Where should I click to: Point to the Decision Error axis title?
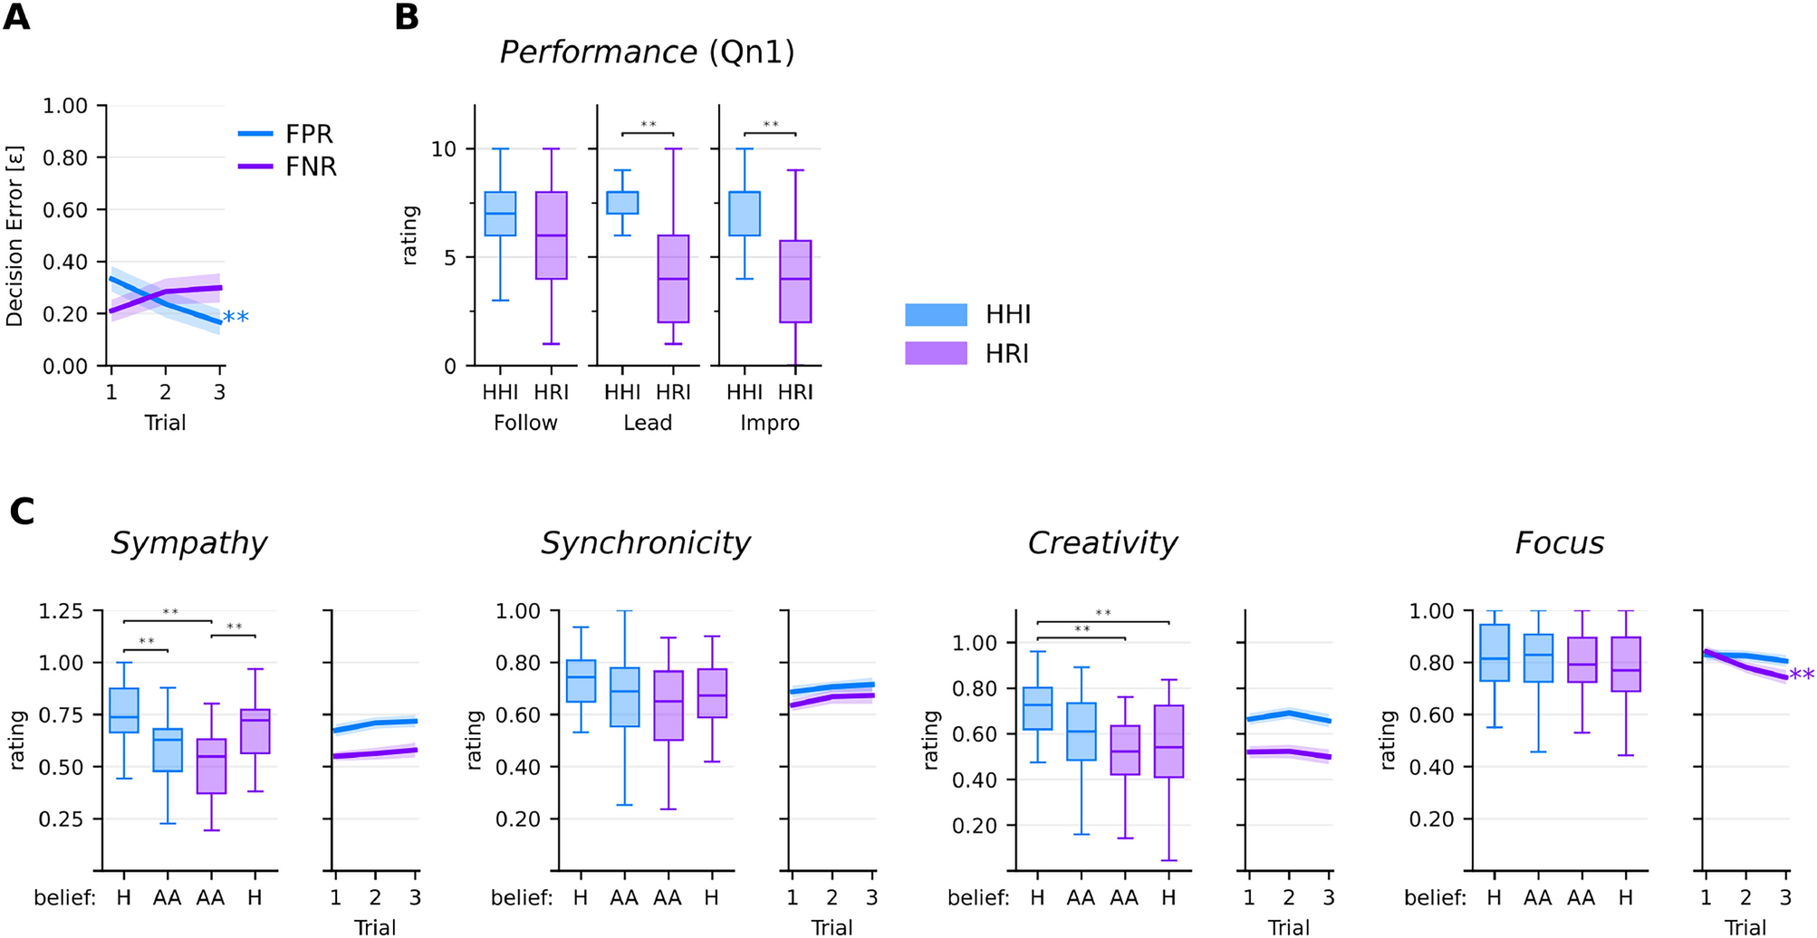pos(14,235)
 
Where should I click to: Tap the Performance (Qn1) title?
pos(647,52)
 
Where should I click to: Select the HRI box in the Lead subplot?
pos(673,279)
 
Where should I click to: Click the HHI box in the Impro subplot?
pos(745,214)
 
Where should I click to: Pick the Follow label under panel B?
pos(525,423)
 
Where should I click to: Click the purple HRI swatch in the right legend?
pos(936,353)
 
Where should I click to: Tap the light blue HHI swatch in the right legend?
pos(936,314)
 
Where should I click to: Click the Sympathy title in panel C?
pos(188,542)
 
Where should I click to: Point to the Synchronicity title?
pos(645,542)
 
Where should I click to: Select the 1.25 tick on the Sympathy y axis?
pos(62,611)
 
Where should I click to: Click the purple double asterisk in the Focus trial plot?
pos(1801,675)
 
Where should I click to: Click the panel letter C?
pos(21,512)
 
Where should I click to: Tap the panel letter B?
pos(407,17)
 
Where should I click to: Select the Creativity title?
pos(1102,542)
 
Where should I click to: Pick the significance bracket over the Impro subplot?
pos(770,134)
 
